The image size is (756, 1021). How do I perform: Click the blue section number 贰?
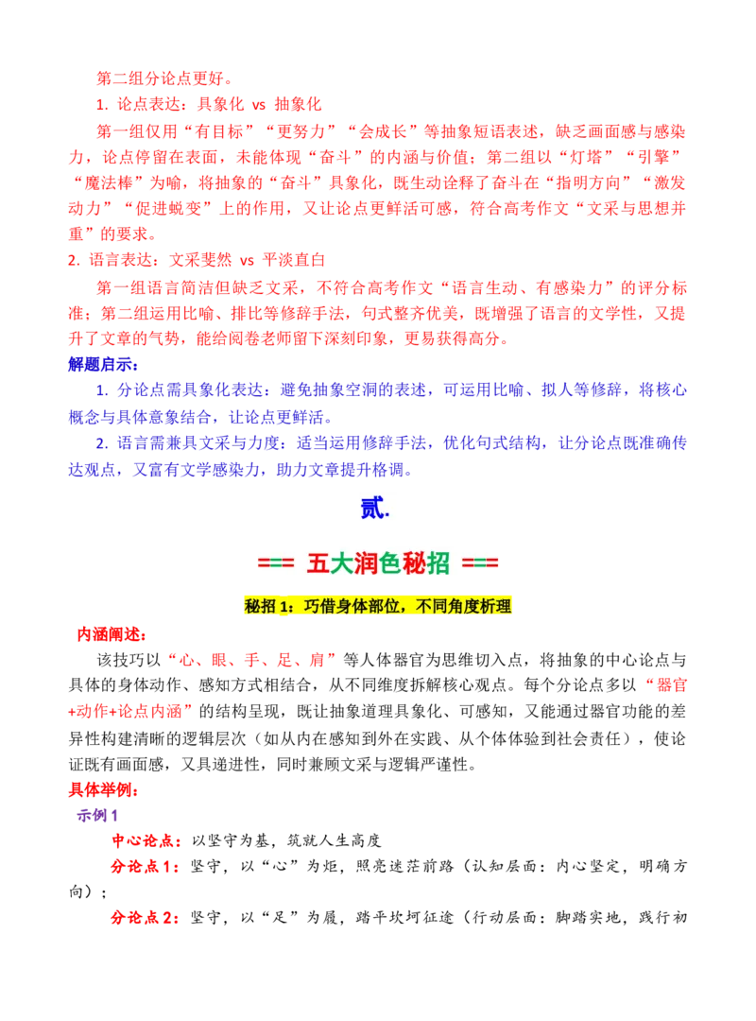click(374, 508)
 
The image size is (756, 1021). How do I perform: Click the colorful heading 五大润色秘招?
click(378, 563)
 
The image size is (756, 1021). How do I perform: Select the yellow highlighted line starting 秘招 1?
click(378, 606)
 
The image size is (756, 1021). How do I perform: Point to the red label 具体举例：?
click(104, 789)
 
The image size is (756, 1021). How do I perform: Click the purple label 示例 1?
click(97, 815)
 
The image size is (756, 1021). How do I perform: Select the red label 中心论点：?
click(146, 840)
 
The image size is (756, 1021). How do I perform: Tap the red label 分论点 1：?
click(146, 867)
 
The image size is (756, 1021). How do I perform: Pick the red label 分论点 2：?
click(146, 917)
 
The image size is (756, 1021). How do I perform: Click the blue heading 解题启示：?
click(104, 364)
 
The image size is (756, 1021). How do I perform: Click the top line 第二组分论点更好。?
click(164, 78)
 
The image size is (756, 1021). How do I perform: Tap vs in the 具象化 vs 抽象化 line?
click(259, 105)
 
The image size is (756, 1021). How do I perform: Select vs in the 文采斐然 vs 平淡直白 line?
click(247, 261)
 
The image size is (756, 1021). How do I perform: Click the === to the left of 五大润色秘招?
click(275, 563)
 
